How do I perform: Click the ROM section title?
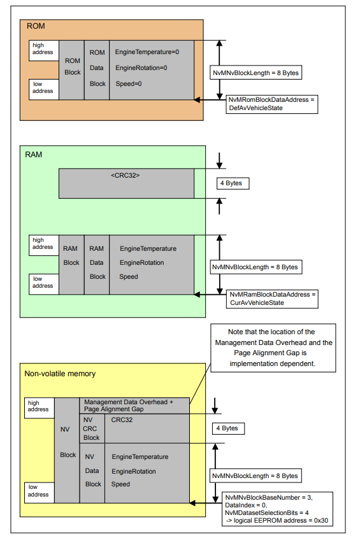click(36, 27)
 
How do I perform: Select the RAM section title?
click(34, 155)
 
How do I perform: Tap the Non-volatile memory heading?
click(60, 374)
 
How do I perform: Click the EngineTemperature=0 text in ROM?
click(147, 52)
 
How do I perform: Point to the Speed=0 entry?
click(128, 83)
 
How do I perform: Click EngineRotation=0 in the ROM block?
click(141, 67)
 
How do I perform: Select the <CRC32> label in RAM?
click(125, 174)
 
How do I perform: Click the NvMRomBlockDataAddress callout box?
click(272, 104)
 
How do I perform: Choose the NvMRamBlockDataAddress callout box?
click(272, 299)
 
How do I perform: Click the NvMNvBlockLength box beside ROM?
click(256, 73)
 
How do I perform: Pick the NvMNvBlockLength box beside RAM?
click(256, 267)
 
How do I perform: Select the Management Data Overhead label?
click(128, 406)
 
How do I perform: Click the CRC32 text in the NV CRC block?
click(122, 420)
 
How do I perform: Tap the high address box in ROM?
click(43, 49)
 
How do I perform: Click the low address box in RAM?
click(43, 282)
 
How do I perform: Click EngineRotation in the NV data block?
click(134, 472)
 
